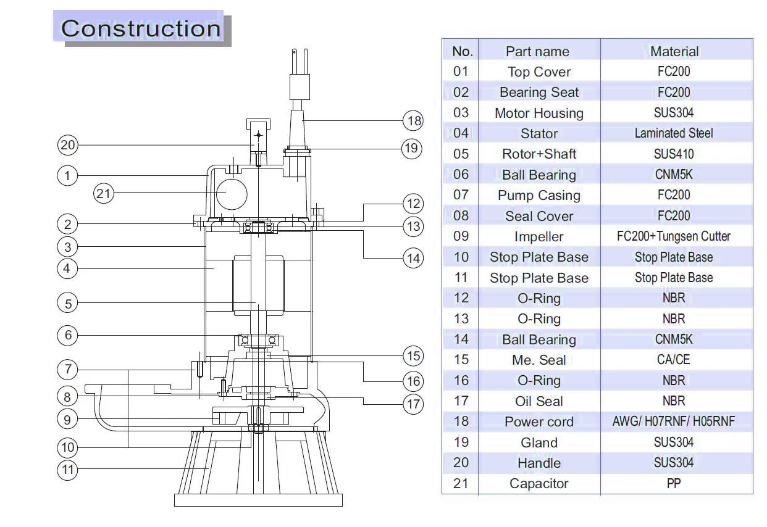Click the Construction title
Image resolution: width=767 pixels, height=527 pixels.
[x=141, y=28]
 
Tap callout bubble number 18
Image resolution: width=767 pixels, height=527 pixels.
[x=413, y=121]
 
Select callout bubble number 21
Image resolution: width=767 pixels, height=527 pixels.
[x=103, y=193]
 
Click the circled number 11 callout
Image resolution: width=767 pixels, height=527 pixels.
[x=67, y=470]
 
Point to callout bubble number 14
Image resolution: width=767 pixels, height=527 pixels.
[x=413, y=258]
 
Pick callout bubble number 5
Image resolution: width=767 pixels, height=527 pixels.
[x=67, y=303]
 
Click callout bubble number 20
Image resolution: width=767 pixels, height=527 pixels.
[x=67, y=145]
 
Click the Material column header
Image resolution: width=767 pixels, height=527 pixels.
[x=674, y=52]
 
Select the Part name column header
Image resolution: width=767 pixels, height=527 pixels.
[x=538, y=52]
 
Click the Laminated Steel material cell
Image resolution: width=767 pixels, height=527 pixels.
[x=674, y=133]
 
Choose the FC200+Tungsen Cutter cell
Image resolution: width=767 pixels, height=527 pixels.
[x=674, y=236]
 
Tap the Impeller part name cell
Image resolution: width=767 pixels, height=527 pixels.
[x=539, y=236]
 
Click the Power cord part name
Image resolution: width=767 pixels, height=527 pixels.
[x=539, y=421]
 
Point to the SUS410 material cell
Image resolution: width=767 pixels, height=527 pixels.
[x=674, y=154]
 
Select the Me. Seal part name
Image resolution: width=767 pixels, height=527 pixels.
[x=539, y=360]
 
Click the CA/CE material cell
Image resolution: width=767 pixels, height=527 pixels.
[x=674, y=360]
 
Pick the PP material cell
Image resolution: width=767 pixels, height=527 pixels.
[x=674, y=484]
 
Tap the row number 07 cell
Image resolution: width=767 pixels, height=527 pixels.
[x=461, y=195]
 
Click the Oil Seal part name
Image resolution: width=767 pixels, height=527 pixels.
[x=539, y=401]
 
